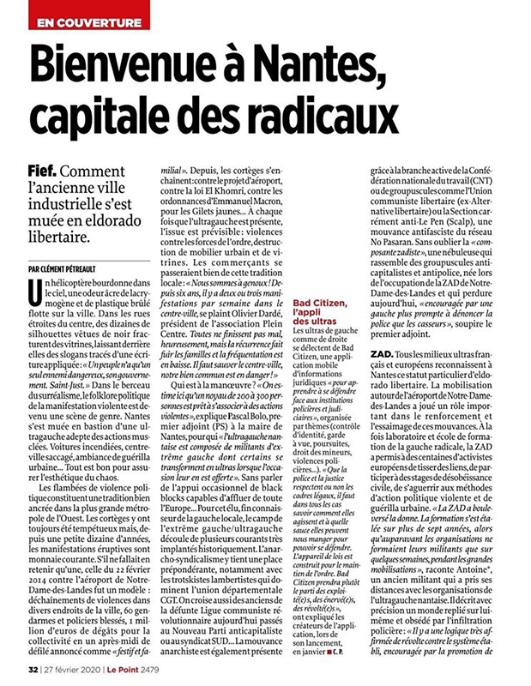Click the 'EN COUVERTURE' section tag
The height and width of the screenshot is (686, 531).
[x=84, y=17]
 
